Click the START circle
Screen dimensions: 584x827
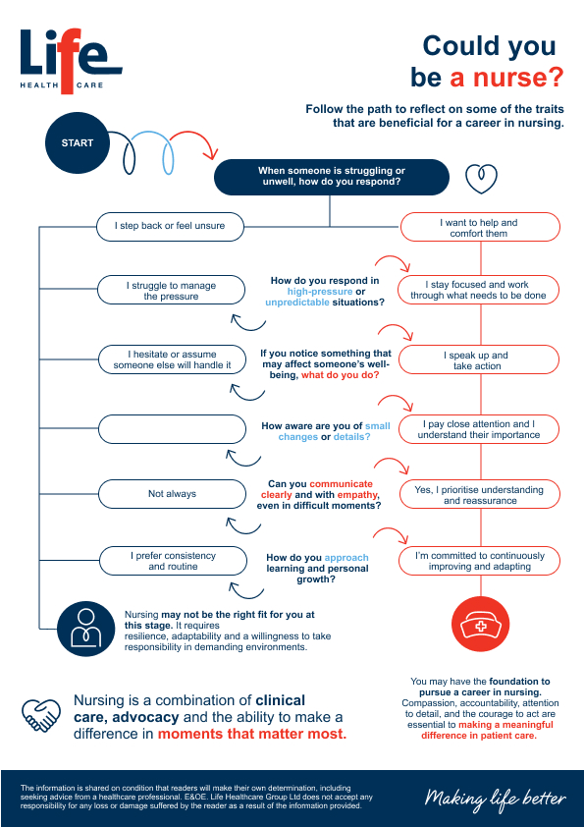pyautogui.click(x=78, y=142)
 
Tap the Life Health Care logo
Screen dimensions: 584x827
pyautogui.click(x=71, y=61)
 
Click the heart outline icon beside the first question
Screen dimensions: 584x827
pyautogui.click(x=481, y=179)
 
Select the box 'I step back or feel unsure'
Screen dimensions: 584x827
pyautogui.click(x=170, y=226)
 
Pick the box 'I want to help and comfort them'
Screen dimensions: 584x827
pyautogui.click(x=480, y=227)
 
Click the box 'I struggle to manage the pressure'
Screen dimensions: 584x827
pyautogui.click(x=172, y=290)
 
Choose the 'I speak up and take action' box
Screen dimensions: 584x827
pyautogui.click(x=479, y=359)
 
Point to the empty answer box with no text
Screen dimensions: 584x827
pyautogui.click(x=173, y=429)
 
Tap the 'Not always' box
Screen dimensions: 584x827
pyautogui.click(x=173, y=494)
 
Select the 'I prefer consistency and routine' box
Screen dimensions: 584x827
pyautogui.click(x=173, y=561)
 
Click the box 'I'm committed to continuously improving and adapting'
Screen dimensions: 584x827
pyautogui.click(x=479, y=561)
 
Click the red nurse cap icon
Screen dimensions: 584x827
pyautogui.click(x=481, y=624)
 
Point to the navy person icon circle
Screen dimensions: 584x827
pyautogui.click(x=86, y=629)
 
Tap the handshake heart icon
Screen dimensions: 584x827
pyautogui.click(x=41, y=715)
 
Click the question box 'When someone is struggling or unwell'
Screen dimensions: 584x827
pyautogui.click(x=332, y=177)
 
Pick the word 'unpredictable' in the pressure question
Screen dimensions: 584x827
pyautogui.click(x=297, y=303)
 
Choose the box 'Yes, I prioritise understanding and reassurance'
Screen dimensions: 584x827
pyautogui.click(x=479, y=494)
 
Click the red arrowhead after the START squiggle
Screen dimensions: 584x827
pyautogui.click(x=211, y=153)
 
